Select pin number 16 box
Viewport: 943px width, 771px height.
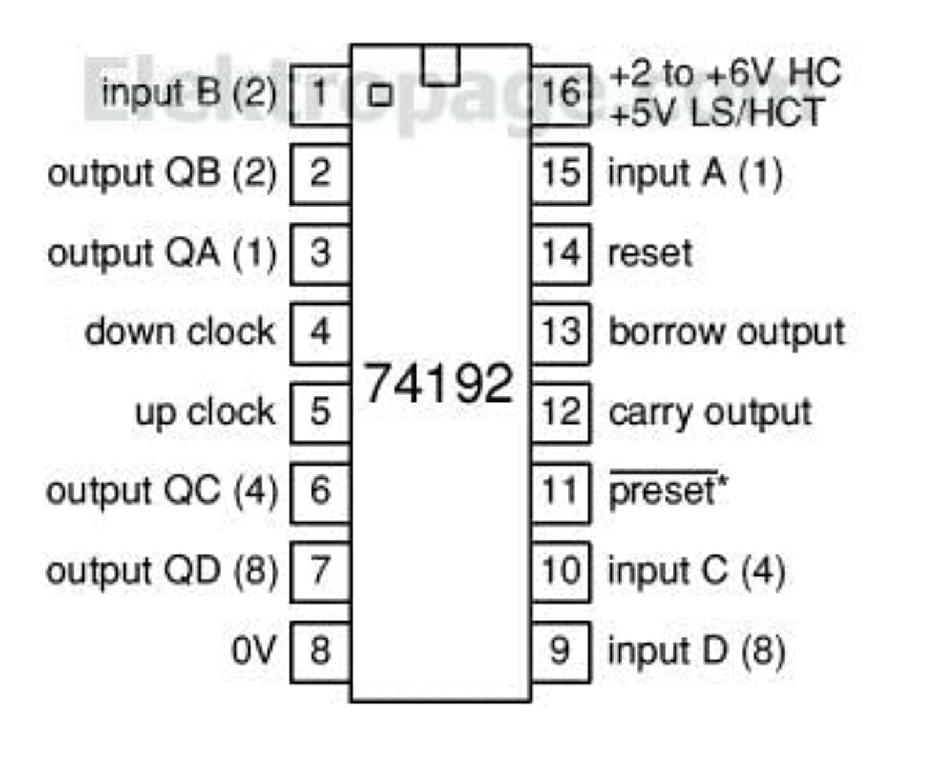pos(561,94)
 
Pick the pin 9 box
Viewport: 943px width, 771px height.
pos(561,651)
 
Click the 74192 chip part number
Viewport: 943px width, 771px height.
pos(439,383)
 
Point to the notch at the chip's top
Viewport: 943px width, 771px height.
pos(441,65)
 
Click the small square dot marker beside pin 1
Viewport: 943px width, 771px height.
pos(380,96)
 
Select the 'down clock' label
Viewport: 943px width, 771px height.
pos(180,332)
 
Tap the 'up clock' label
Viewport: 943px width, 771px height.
pos(206,412)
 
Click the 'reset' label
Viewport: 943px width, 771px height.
pos(650,253)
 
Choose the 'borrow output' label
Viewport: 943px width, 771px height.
pos(727,332)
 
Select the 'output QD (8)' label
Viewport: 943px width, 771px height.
pos(162,571)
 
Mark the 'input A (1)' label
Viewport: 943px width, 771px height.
pos(695,173)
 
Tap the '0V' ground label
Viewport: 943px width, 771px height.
pos(253,651)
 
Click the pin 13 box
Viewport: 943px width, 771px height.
pos(561,332)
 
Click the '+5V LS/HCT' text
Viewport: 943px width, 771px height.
pos(717,113)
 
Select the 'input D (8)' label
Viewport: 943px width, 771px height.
pos(696,651)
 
